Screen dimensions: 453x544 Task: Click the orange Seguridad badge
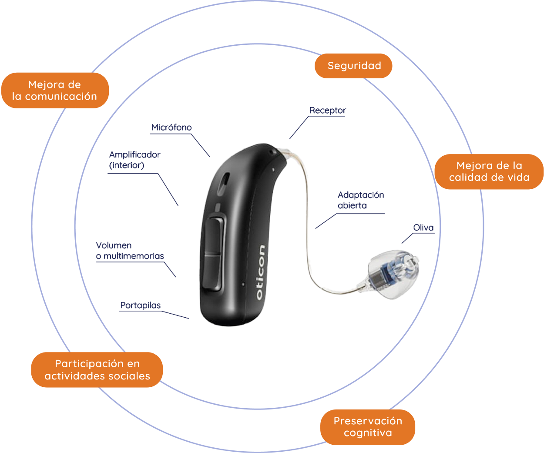353,66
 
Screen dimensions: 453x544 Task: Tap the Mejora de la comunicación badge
55,91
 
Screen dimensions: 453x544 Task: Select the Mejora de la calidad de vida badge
489,171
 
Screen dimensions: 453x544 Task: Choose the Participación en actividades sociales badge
97,370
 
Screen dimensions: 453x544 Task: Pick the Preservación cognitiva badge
368,427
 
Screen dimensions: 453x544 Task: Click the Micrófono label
171,128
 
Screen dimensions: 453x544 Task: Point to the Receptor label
327,111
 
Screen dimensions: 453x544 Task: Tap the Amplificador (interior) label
134,160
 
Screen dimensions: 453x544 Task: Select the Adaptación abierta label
360,200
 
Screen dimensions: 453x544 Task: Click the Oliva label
423,228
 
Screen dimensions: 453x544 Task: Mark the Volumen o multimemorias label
130,251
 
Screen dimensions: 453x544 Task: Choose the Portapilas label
140,305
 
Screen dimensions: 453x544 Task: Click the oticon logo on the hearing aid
261,272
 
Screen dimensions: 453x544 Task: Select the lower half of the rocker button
213,272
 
